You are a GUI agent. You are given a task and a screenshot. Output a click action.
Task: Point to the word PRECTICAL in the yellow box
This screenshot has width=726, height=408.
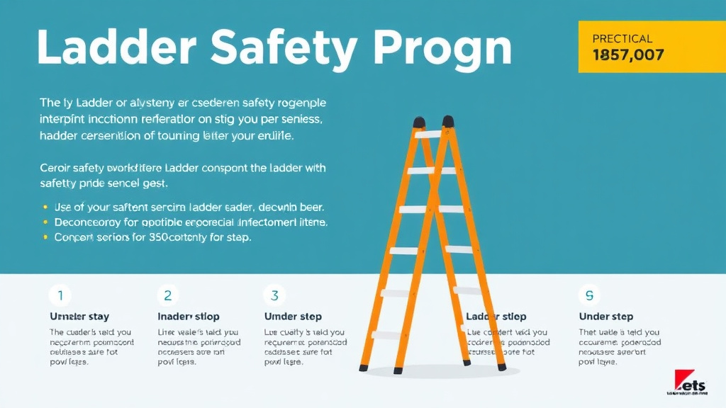tap(622, 39)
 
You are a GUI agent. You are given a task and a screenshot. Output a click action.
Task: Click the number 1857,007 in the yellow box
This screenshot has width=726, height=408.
tap(627, 55)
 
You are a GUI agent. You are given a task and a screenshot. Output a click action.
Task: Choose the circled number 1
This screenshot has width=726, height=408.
tap(60, 295)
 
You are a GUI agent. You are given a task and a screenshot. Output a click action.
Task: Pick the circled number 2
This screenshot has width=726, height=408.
tap(168, 295)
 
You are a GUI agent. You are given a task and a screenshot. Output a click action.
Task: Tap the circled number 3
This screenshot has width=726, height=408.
tap(274, 295)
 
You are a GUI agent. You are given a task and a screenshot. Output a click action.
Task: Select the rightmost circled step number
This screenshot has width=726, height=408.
tap(589, 295)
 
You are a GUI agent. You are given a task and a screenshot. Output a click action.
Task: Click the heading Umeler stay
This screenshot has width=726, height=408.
tap(79, 317)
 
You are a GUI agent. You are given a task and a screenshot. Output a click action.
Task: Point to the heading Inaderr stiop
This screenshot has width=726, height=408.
tap(188, 317)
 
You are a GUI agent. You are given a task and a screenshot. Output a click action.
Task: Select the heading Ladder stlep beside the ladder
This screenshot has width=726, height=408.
tap(496, 317)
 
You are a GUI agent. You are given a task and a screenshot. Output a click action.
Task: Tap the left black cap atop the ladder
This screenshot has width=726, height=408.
tap(420, 122)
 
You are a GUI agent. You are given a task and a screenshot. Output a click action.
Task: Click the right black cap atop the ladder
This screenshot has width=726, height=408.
tap(448, 120)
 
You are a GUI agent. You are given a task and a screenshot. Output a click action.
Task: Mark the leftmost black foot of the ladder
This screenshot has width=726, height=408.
tap(364, 368)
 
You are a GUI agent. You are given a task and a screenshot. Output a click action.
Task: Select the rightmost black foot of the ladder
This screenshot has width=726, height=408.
tap(502, 367)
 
